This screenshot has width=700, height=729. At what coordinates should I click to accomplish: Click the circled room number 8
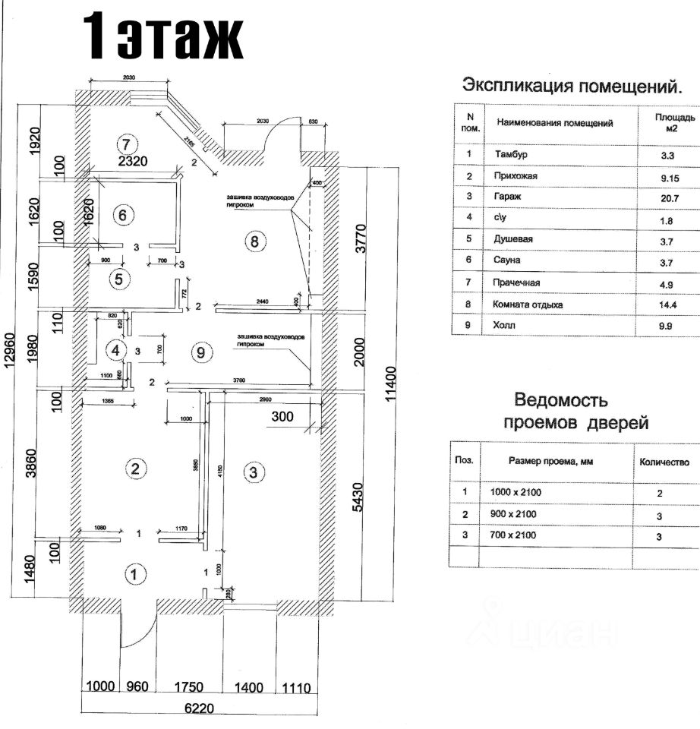click(x=254, y=242)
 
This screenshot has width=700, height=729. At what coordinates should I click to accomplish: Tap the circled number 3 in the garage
click(x=254, y=472)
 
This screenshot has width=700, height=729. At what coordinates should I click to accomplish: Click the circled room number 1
click(x=134, y=574)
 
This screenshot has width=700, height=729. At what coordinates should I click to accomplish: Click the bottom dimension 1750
click(x=189, y=687)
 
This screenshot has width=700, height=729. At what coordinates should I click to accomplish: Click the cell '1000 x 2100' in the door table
click(x=516, y=492)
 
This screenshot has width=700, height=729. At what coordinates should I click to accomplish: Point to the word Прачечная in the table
click(x=517, y=282)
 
